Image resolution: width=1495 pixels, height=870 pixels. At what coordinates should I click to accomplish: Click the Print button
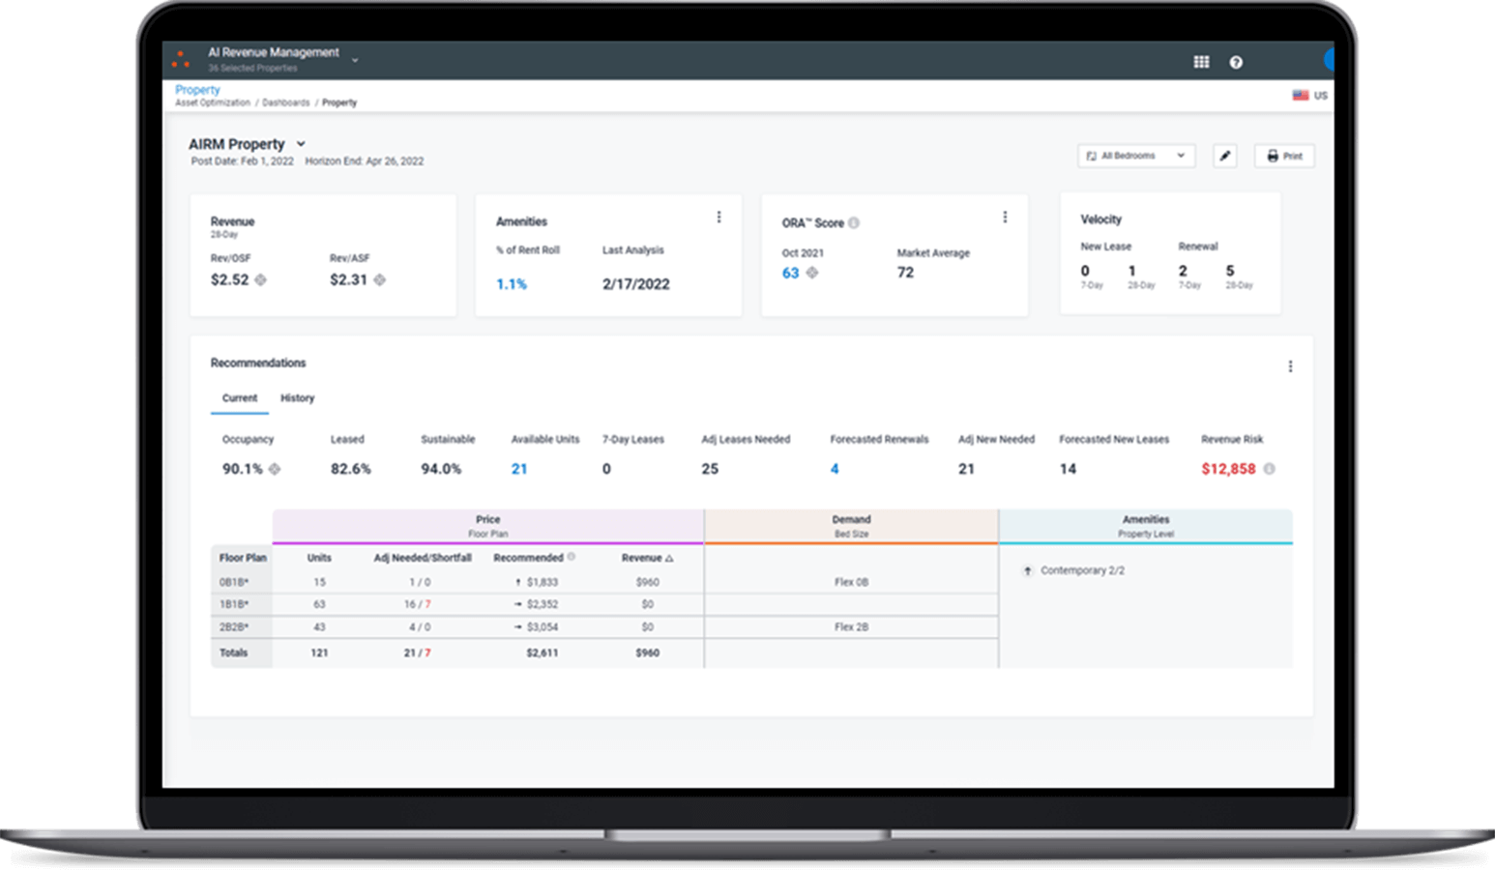pyautogui.click(x=1284, y=156)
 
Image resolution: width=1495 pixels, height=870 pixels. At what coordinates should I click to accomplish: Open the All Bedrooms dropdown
pyautogui.click(x=1136, y=156)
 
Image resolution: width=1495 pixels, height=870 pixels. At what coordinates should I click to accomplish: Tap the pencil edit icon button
pyautogui.click(x=1225, y=156)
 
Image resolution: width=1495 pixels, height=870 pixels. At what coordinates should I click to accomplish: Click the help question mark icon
pyautogui.click(x=1236, y=62)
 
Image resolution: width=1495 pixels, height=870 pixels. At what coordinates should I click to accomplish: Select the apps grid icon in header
pyautogui.click(x=1201, y=62)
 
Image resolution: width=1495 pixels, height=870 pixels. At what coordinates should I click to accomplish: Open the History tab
pyautogui.click(x=297, y=398)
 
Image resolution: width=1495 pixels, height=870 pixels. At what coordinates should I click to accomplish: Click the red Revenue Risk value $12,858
pyautogui.click(x=1228, y=469)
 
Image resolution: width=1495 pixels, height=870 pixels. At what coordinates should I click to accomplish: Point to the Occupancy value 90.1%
pyautogui.click(x=243, y=469)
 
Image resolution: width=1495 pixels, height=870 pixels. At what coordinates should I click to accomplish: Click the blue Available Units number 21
pyautogui.click(x=519, y=469)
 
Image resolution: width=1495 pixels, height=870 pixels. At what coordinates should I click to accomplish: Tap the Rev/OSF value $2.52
pyautogui.click(x=230, y=279)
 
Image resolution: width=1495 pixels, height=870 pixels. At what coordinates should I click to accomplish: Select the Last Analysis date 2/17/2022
pyautogui.click(x=635, y=284)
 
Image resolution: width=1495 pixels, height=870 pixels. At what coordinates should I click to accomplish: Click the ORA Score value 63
pyautogui.click(x=791, y=273)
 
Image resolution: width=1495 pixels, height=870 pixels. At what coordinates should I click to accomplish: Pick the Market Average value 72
pyautogui.click(x=905, y=273)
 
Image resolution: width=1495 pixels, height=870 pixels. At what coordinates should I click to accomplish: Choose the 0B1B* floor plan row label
pyautogui.click(x=234, y=582)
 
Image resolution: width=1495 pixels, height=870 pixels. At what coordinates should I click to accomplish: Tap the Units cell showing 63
pyautogui.click(x=319, y=604)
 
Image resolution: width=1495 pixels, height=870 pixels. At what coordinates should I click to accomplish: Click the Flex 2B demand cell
pyautogui.click(x=851, y=626)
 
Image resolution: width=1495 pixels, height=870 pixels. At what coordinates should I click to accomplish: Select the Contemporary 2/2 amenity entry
pyautogui.click(x=1082, y=570)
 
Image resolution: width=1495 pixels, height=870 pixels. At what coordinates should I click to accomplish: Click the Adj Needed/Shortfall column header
pyautogui.click(x=423, y=558)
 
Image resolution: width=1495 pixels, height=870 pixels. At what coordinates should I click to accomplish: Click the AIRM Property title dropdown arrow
pyautogui.click(x=301, y=144)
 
